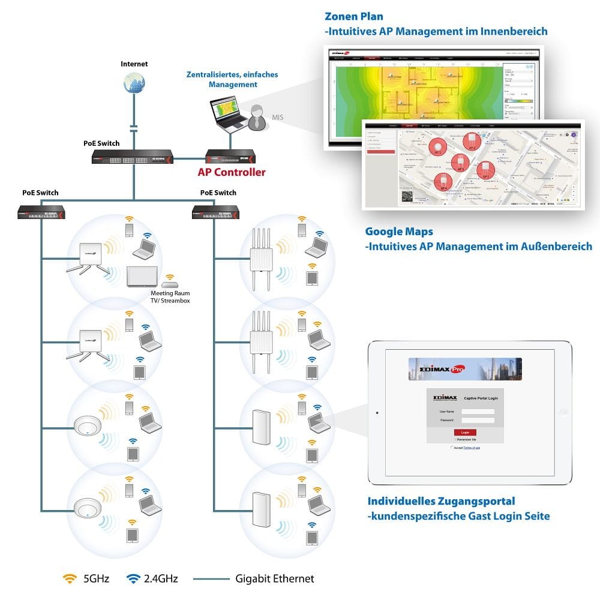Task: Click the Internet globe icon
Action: [134, 83]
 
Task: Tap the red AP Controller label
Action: [232, 172]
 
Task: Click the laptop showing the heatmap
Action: [227, 114]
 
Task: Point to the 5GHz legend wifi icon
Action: [70, 578]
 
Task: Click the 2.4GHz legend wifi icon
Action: [133, 578]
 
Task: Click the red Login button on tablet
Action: [465, 432]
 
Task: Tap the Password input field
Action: [478, 420]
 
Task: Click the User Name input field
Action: [478, 412]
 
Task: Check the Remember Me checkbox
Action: [455, 439]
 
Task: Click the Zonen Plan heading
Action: [353, 17]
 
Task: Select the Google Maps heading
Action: [399, 232]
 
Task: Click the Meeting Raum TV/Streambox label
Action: [170, 297]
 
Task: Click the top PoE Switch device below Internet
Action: [133, 157]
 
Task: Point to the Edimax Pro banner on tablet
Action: [464, 369]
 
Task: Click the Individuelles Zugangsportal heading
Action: [441, 501]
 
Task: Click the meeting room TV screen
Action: [142, 276]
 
